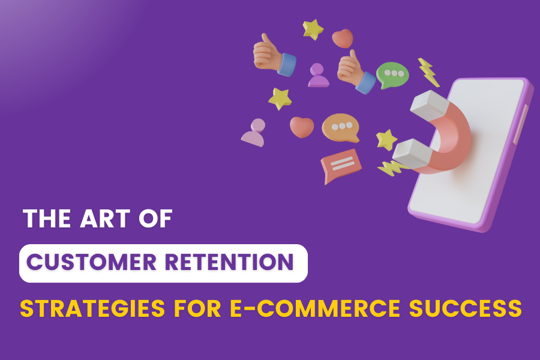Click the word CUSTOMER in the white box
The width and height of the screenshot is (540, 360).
(92, 262)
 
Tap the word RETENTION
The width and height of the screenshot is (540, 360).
(229, 262)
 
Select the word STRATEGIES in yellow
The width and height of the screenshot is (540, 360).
(92, 308)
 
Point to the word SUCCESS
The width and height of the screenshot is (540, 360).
(465, 308)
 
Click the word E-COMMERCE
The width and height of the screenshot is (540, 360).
(315, 308)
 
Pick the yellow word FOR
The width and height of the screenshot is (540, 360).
(197, 308)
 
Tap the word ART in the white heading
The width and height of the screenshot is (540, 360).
(105, 218)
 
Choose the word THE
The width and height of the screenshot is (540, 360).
(47, 218)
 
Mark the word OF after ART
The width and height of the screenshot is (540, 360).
(155, 218)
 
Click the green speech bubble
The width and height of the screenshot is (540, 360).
(392, 75)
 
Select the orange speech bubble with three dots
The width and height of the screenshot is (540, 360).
(341, 127)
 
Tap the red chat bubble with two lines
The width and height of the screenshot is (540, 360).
(340, 165)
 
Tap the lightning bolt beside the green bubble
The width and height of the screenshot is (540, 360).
(428, 73)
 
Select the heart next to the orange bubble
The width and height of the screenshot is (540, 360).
(302, 127)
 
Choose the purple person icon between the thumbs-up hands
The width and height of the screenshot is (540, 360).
(318, 75)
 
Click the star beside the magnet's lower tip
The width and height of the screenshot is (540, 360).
(386, 140)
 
